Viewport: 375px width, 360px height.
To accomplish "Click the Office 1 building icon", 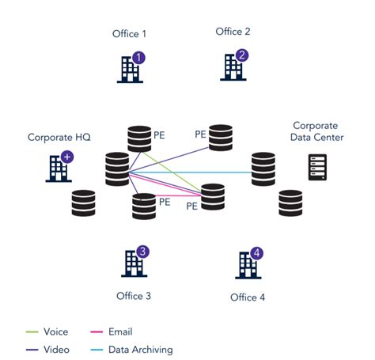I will pyautogui.click(x=129, y=68).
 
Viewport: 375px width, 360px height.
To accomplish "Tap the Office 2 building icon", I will pyautogui.click(x=233, y=66).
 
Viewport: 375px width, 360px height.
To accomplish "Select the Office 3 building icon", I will pyautogui.click(x=132, y=263).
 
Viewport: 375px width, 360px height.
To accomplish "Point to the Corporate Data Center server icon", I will pyautogui.click(x=319, y=168).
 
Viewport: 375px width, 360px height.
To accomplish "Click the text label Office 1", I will pyautogui.click(x=131, y=34).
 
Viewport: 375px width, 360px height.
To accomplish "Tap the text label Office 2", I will pyautogui.click(x=233, y=32).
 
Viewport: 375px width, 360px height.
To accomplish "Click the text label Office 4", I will pyautogui.click(x=248, y=297).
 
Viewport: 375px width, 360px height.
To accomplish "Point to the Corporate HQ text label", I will pyautogui.click(x=59, y=137).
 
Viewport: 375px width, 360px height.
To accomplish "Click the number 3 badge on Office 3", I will pyautogui.click(x=142, y=252).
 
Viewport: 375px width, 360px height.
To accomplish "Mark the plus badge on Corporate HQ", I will pyautogui.click(x=67, y=157).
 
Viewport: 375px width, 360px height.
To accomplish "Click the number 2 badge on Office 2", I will pyautogui.click(x=242, y=56).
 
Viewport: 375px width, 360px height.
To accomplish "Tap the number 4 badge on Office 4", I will pyautogui.click(x=256, y=253).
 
